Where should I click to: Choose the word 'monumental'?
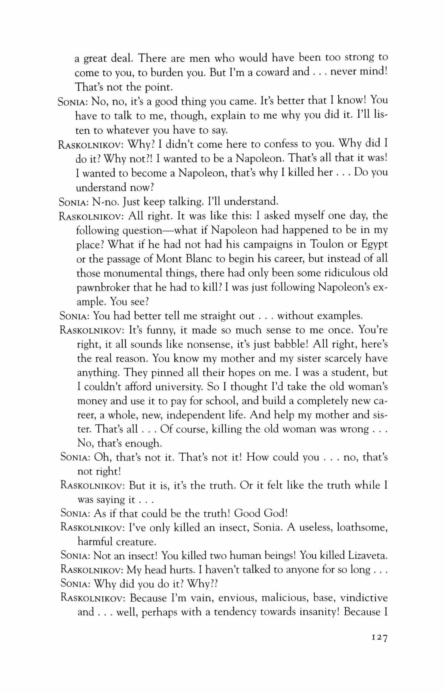(x=132, y=273)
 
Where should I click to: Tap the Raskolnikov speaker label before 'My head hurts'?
(x=92, y=570)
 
